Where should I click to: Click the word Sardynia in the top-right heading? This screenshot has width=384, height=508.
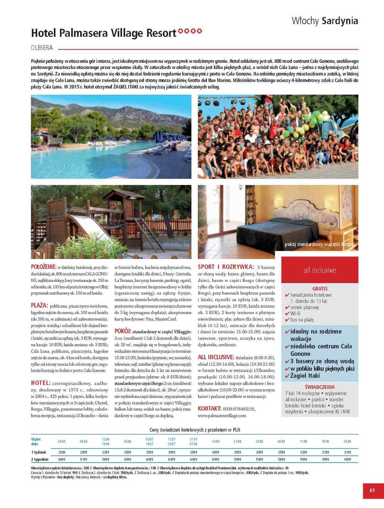[340, 21]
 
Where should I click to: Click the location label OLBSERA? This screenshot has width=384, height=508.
[42, 48]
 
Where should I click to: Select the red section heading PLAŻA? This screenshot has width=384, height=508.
[39, 305]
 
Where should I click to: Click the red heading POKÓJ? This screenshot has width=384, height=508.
[123, 331]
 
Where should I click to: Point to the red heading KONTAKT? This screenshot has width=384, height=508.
[209, 408]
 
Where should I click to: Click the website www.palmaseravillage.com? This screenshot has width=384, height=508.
[222, 415]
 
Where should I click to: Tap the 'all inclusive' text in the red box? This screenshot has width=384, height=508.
[319, 270]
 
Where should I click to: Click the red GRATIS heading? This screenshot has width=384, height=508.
[320, 289]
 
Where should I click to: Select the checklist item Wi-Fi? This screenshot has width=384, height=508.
[295, 313]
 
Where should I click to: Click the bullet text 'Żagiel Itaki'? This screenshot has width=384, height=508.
[305, 376]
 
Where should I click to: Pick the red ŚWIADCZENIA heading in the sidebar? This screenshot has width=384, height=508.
[319, 387]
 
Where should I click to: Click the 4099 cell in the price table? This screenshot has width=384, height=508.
[215, 452]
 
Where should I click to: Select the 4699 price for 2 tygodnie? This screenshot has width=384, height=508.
[62, 459]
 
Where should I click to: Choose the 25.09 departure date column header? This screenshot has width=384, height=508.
[347, 441]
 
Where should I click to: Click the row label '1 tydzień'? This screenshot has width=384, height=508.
[38, 452]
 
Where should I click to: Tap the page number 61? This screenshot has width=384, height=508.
[372, 490]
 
